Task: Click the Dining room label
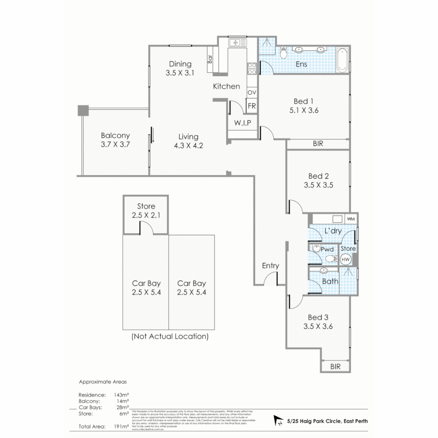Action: coord(180,64)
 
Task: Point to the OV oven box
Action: coord(251,93)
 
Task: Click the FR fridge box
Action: coord(251,106)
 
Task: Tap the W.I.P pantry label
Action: coord(243,123)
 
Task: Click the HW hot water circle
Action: coord(346,259)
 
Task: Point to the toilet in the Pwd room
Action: coord(331,258)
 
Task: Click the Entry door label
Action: coord(270,266)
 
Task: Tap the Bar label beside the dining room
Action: coord(210,59)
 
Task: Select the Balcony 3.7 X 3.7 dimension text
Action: coord(115,144)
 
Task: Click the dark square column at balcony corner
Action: coord(83,110)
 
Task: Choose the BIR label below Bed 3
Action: coord(335,367)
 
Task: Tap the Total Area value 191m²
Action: coord(122,426)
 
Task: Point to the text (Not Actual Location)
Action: coord(170,336)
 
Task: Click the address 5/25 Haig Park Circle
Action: coord(327,421)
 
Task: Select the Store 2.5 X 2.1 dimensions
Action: coord(146,215)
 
